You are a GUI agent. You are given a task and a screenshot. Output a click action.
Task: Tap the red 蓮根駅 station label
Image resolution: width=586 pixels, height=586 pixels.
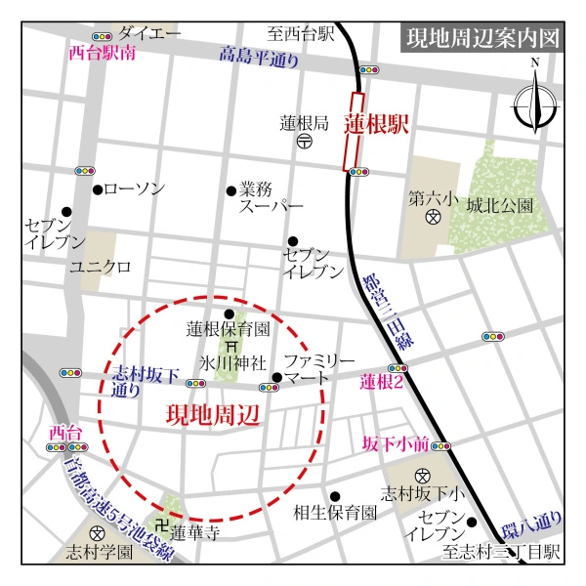(375, 125)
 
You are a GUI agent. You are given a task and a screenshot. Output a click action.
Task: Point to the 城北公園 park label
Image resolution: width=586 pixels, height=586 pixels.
(499, 206)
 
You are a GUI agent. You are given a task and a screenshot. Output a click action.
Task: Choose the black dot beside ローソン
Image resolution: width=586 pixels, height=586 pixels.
(98, 189)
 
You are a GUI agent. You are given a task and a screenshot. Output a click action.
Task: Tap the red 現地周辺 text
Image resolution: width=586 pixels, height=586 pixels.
(212, 415)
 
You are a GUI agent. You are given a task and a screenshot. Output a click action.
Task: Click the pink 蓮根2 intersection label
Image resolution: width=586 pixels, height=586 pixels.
(382, 381)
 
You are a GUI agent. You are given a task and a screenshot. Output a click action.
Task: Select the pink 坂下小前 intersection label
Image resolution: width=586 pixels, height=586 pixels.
(395, 444)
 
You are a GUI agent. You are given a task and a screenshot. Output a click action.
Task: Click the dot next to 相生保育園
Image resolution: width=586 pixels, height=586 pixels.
(335, 496)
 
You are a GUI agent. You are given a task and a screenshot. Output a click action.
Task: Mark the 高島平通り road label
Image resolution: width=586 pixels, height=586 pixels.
(259, 59)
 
